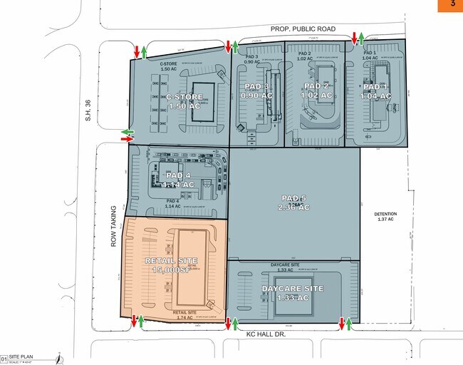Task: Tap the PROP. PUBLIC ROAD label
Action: pyautogui.click(x=303, y=29)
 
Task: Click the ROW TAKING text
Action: pyautogui.click(x=113, y=226)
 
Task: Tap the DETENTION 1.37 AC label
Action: pyautogui.click(x=385, y=217)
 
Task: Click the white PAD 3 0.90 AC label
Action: pyautogui.click(x=255, y=91)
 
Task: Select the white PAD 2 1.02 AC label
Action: pyautogui.click(x=316, y=91)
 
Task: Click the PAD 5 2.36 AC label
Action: pyautogui.click(x=295, y=202)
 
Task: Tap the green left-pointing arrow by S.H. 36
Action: pyautogui.click(x=127, y=132)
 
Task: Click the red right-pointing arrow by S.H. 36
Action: pyautogui.click(x=127, y=140)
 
